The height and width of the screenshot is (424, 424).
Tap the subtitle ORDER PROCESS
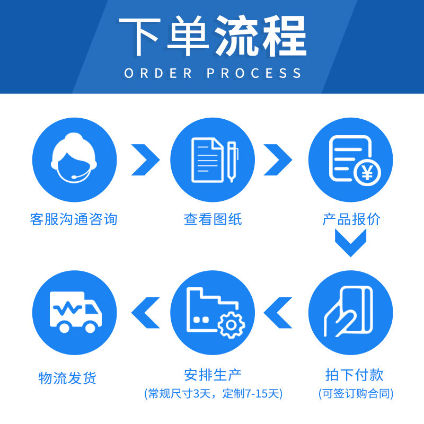(213, 73)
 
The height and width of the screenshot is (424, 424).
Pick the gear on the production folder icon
(231, 325)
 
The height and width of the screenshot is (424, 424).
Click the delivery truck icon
(75, 312)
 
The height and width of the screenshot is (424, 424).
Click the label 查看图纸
(213, 219)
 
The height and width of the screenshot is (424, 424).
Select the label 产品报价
(351, 219)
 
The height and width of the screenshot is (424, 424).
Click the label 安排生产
(213, 375)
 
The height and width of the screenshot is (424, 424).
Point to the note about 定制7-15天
(213, 394)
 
